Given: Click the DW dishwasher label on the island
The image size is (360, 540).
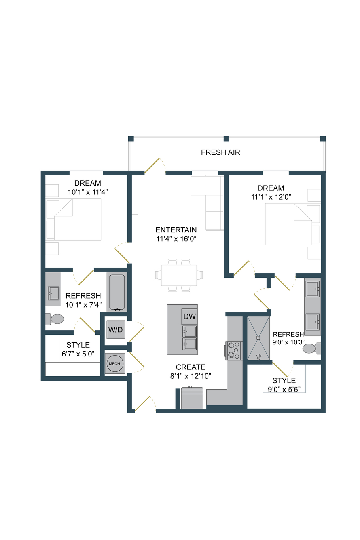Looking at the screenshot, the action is point(189,316).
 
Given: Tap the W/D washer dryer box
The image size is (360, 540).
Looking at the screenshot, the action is point(116,329).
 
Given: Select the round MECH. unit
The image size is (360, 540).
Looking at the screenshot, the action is point(115,363).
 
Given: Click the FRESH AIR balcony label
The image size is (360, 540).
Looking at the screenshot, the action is point(220,152).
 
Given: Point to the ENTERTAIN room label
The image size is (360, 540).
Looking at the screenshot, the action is point(176,230).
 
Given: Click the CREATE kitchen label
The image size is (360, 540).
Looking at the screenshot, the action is point(191,367).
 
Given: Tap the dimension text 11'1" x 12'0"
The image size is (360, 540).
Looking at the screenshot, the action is point(271,197).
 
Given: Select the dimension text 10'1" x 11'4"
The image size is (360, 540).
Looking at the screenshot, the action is point(88,192).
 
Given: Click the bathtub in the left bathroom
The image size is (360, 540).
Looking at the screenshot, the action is point(117,292).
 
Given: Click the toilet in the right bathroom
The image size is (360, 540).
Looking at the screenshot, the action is point(311,348).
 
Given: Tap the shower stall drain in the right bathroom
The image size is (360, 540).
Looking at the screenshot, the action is point(258,337).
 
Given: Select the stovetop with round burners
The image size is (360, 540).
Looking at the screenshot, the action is point(234,350).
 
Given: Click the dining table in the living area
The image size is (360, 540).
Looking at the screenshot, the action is point(179,275).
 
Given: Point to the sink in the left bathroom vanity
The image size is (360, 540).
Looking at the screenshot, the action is point(53,293).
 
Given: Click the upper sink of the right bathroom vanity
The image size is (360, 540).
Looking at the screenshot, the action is point(313,289).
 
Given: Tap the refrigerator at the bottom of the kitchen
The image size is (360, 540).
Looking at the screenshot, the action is point(192,398).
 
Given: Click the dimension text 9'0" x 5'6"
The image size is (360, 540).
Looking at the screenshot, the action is point(284,390).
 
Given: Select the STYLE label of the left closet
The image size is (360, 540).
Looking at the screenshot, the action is point(78,345).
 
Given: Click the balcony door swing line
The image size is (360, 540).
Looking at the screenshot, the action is point(152,165).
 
